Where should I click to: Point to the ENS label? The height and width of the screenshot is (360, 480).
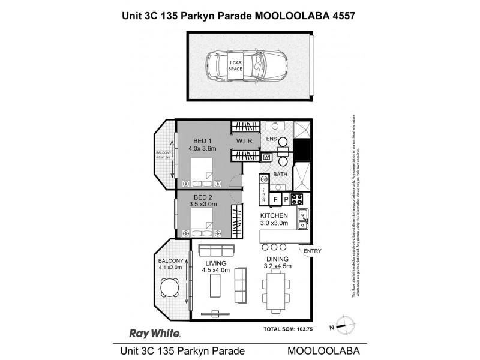(271, 139)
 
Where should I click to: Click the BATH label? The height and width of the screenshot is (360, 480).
(280, 175)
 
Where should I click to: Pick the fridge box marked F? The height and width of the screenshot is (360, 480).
(276, 199)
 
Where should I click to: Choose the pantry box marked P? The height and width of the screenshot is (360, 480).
(286, 199)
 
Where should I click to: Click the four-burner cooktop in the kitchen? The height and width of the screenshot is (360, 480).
(297, 199)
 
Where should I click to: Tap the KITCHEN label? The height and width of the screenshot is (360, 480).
(274, 215)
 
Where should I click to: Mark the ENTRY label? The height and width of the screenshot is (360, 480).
(313, 250)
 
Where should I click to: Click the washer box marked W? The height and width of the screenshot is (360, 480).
(266, 157)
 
